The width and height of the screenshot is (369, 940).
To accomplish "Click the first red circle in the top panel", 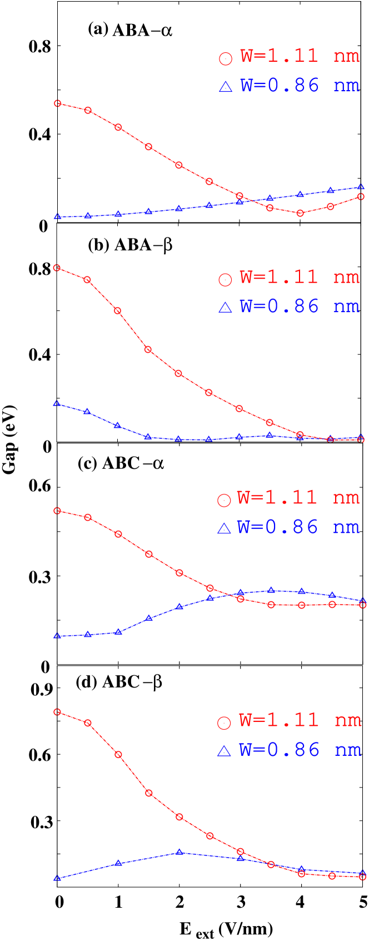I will coord(57,103).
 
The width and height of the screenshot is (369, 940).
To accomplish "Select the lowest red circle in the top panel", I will coord(301,213).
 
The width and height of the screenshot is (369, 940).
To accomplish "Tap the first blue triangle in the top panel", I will coord(57,216).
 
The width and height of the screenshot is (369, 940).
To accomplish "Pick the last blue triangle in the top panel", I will coord(361,187).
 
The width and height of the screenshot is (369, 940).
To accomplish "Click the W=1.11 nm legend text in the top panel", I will coord(300,56).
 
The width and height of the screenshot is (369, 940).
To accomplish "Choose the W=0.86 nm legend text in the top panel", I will coord(300,86).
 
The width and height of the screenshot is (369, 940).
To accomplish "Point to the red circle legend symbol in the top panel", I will coord(225,58).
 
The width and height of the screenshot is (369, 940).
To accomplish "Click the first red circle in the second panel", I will coord(57,268).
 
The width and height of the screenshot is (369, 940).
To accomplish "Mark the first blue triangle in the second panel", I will coord(57,403).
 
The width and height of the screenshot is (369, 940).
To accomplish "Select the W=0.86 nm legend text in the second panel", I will coord(300,306).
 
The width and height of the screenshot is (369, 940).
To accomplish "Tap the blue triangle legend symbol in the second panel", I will coord(225,308).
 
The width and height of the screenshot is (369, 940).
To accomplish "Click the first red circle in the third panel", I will coord(57,511).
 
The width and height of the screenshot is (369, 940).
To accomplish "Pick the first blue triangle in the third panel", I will coord(57,635).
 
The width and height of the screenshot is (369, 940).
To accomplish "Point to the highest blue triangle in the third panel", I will coord(271,590).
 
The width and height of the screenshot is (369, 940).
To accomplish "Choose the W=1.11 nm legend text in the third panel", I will coord(298,498).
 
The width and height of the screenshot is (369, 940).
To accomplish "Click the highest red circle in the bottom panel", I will coord(57,712).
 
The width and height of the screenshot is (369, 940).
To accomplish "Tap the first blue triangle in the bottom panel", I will coord(57,878).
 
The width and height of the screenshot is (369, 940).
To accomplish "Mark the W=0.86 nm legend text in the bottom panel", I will coord(300,750).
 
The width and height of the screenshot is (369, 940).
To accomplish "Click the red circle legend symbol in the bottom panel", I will coord(224,723).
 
